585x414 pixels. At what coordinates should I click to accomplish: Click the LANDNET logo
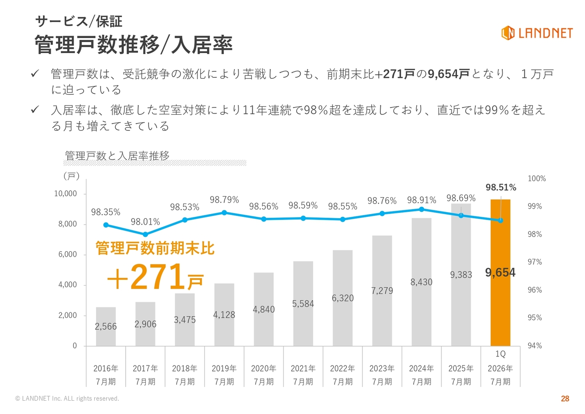point(537,32)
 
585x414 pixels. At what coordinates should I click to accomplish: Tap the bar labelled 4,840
point(264,320)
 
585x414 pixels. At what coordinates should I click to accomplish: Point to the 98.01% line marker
point(145,234)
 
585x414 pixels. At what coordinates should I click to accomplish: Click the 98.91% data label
point(421,200)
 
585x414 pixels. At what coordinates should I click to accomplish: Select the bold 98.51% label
point(500,188)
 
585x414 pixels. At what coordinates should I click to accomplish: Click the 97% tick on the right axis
point(535,262)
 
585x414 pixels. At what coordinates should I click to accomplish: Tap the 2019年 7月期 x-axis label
point(224,375)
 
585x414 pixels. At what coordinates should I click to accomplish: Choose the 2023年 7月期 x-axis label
point(382,375)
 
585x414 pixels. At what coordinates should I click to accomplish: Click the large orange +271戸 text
point(155,277)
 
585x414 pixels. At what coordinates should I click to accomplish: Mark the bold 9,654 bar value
point(500,273)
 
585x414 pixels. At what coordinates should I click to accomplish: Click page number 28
point(565,399)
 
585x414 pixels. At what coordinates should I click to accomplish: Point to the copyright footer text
point(67,399)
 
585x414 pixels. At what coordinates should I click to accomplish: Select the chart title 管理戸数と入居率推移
point(117,156)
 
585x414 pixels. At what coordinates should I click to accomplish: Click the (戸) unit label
point(71,176)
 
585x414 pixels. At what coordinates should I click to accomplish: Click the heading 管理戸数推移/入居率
point(134,45)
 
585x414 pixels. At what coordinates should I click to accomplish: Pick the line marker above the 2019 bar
point(224,213)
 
